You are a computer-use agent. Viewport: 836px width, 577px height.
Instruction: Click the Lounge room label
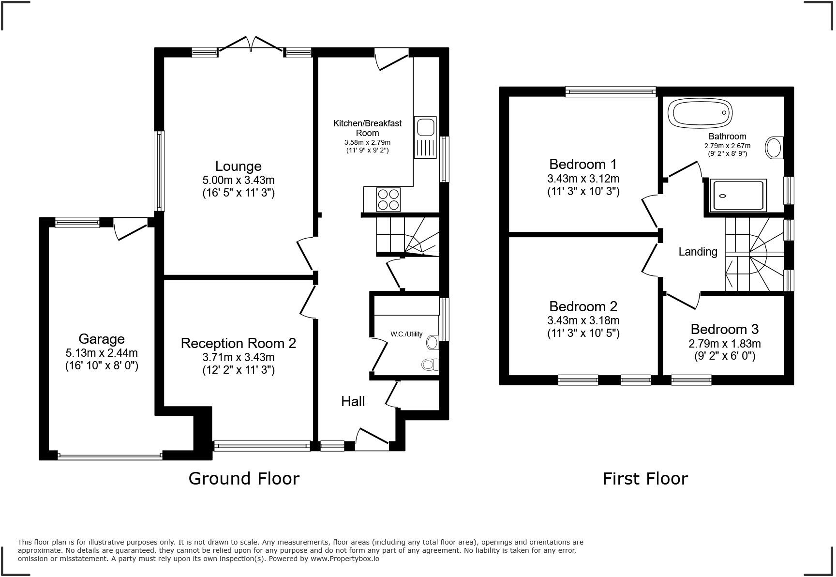(x=238, y=166)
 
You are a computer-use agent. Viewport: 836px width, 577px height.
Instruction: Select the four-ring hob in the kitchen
(x=388, y=199)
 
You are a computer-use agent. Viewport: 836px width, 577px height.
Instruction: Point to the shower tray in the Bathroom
(x=738, y=196)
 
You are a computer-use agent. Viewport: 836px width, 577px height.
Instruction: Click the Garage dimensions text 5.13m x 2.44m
(x=102, y=353)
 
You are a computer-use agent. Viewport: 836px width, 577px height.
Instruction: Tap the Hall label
(x=353, y=401)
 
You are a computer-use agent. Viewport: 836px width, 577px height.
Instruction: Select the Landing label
(x=698, y=252)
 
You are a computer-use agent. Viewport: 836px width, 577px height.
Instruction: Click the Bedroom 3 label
(x=724, y=329)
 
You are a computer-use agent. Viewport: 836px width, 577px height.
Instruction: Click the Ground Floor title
(x=244, y=478)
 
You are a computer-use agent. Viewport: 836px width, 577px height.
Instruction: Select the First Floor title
(x=645, y=479)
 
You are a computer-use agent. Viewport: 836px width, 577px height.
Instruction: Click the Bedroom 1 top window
(x=611, y=91)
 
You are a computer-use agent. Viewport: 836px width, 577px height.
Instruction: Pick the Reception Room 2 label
(x=238, y=343)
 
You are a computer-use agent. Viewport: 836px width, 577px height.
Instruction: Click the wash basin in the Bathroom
(x=775, y=148)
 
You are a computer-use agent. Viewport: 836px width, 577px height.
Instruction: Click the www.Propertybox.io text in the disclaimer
(x=345, y=559)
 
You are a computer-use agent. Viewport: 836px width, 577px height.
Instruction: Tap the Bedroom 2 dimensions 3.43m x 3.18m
(x=583, y=320)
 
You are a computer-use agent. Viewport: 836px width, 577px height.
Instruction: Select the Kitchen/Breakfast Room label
(x=367, y=128)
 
